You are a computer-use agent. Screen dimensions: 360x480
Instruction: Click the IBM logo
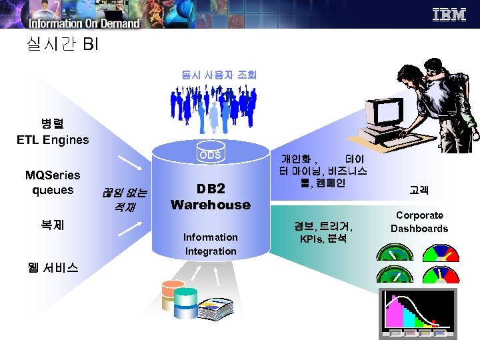pyautogui.click(x=449, y=15)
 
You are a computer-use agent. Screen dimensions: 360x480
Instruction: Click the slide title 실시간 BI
pyautogui.click(x=62, y=45)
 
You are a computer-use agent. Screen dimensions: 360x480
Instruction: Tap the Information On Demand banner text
pyautogui.click(x=83, y=23)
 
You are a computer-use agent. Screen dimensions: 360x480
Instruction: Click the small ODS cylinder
pyautogui.click(x=210, y=155)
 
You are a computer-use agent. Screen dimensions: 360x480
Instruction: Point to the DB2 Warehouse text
pyautogui.click(x=210, y=197)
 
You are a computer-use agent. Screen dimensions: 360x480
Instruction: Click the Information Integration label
pyautogui.click(x=210, y=244)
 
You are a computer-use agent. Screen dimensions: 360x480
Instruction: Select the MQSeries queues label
pyautogui.click(x=52, y=183)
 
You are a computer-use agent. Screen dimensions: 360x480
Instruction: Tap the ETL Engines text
pyautogui.click(x=53, y=140)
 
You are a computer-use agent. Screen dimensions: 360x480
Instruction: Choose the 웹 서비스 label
pyautogui.click(x=54, y=267)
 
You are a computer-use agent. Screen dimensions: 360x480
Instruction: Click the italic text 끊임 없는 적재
pyautogui.click(x=124, y=201)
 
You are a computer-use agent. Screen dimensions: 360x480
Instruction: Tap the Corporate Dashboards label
pyautogui.click(x=419, y=222)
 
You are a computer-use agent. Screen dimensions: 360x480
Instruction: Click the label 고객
pyautogui.click(x=419, y=190)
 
